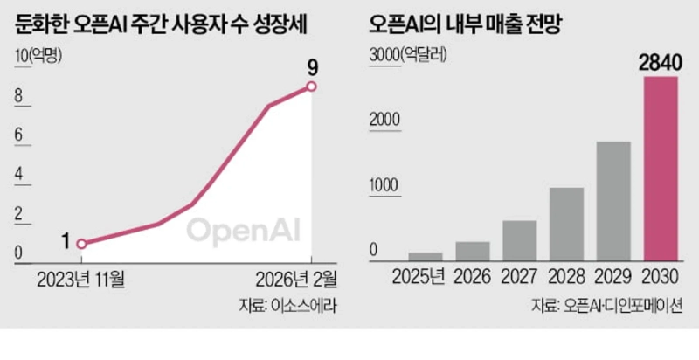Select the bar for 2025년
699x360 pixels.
click(426, 256)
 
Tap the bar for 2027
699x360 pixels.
click(520, 240)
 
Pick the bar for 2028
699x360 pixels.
click(566, 224)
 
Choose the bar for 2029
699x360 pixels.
click(613, 200)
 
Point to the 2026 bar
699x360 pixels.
click(473, 251)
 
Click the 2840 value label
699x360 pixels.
click(661, 63)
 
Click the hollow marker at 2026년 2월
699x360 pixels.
click(312, 86)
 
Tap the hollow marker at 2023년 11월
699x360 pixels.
click(81, 244)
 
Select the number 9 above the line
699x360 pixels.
click(312, 65)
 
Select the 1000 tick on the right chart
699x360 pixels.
click(383, 186)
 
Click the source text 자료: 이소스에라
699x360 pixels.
click(287, 306)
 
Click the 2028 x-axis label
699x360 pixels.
click(566, 279)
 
